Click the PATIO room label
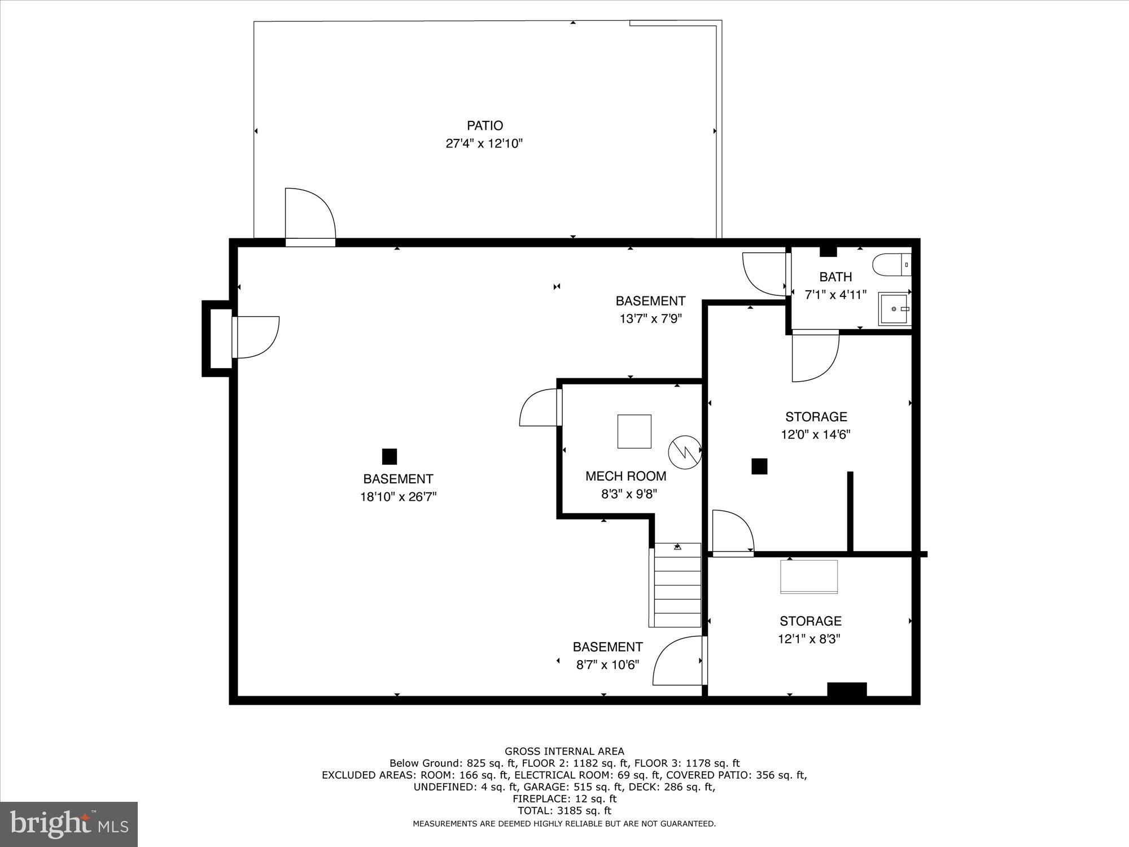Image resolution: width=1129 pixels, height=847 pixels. (x=484, y=125)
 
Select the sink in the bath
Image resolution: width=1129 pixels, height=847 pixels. (x=894, y=309)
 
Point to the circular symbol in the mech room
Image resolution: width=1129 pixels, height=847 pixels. (x=685, y=452)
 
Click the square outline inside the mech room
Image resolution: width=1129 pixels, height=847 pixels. (x=634, y=431)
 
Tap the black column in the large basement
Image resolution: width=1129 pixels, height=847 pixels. (x=390, y=456)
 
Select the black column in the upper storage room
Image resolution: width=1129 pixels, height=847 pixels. (x=759, y=466)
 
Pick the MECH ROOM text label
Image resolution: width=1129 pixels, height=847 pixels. (x=625, y=476)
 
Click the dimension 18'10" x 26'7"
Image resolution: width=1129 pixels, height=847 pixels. (x=398, y=497)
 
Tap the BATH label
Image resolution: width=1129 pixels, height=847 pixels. (x=835, y=277)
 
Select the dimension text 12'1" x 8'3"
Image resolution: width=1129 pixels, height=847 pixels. (x=810, y=639)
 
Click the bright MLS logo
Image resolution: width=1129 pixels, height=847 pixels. (x=69, y=824)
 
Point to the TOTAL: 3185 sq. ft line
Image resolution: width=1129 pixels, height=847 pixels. (x=564, y=811)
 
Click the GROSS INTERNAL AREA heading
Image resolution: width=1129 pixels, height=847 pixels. (x=564, y=751)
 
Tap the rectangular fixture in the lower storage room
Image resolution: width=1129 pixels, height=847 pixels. (x=809, y=577)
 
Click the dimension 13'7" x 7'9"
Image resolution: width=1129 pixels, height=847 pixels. (x=650, y=318)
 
